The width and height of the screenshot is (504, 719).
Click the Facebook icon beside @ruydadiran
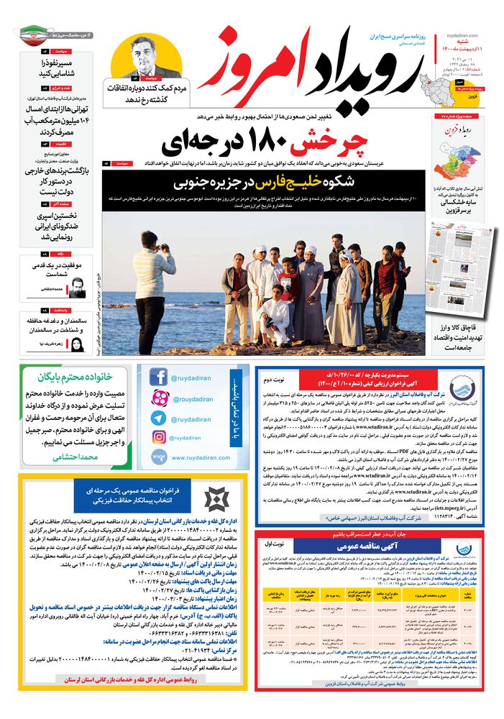coord(159,376)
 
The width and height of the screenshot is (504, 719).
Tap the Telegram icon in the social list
coord(159,418)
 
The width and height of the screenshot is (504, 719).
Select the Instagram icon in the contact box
coord(159,437)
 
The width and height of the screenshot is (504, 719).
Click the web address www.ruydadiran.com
coord(191,457)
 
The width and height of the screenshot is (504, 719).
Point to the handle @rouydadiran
coord(193,398)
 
